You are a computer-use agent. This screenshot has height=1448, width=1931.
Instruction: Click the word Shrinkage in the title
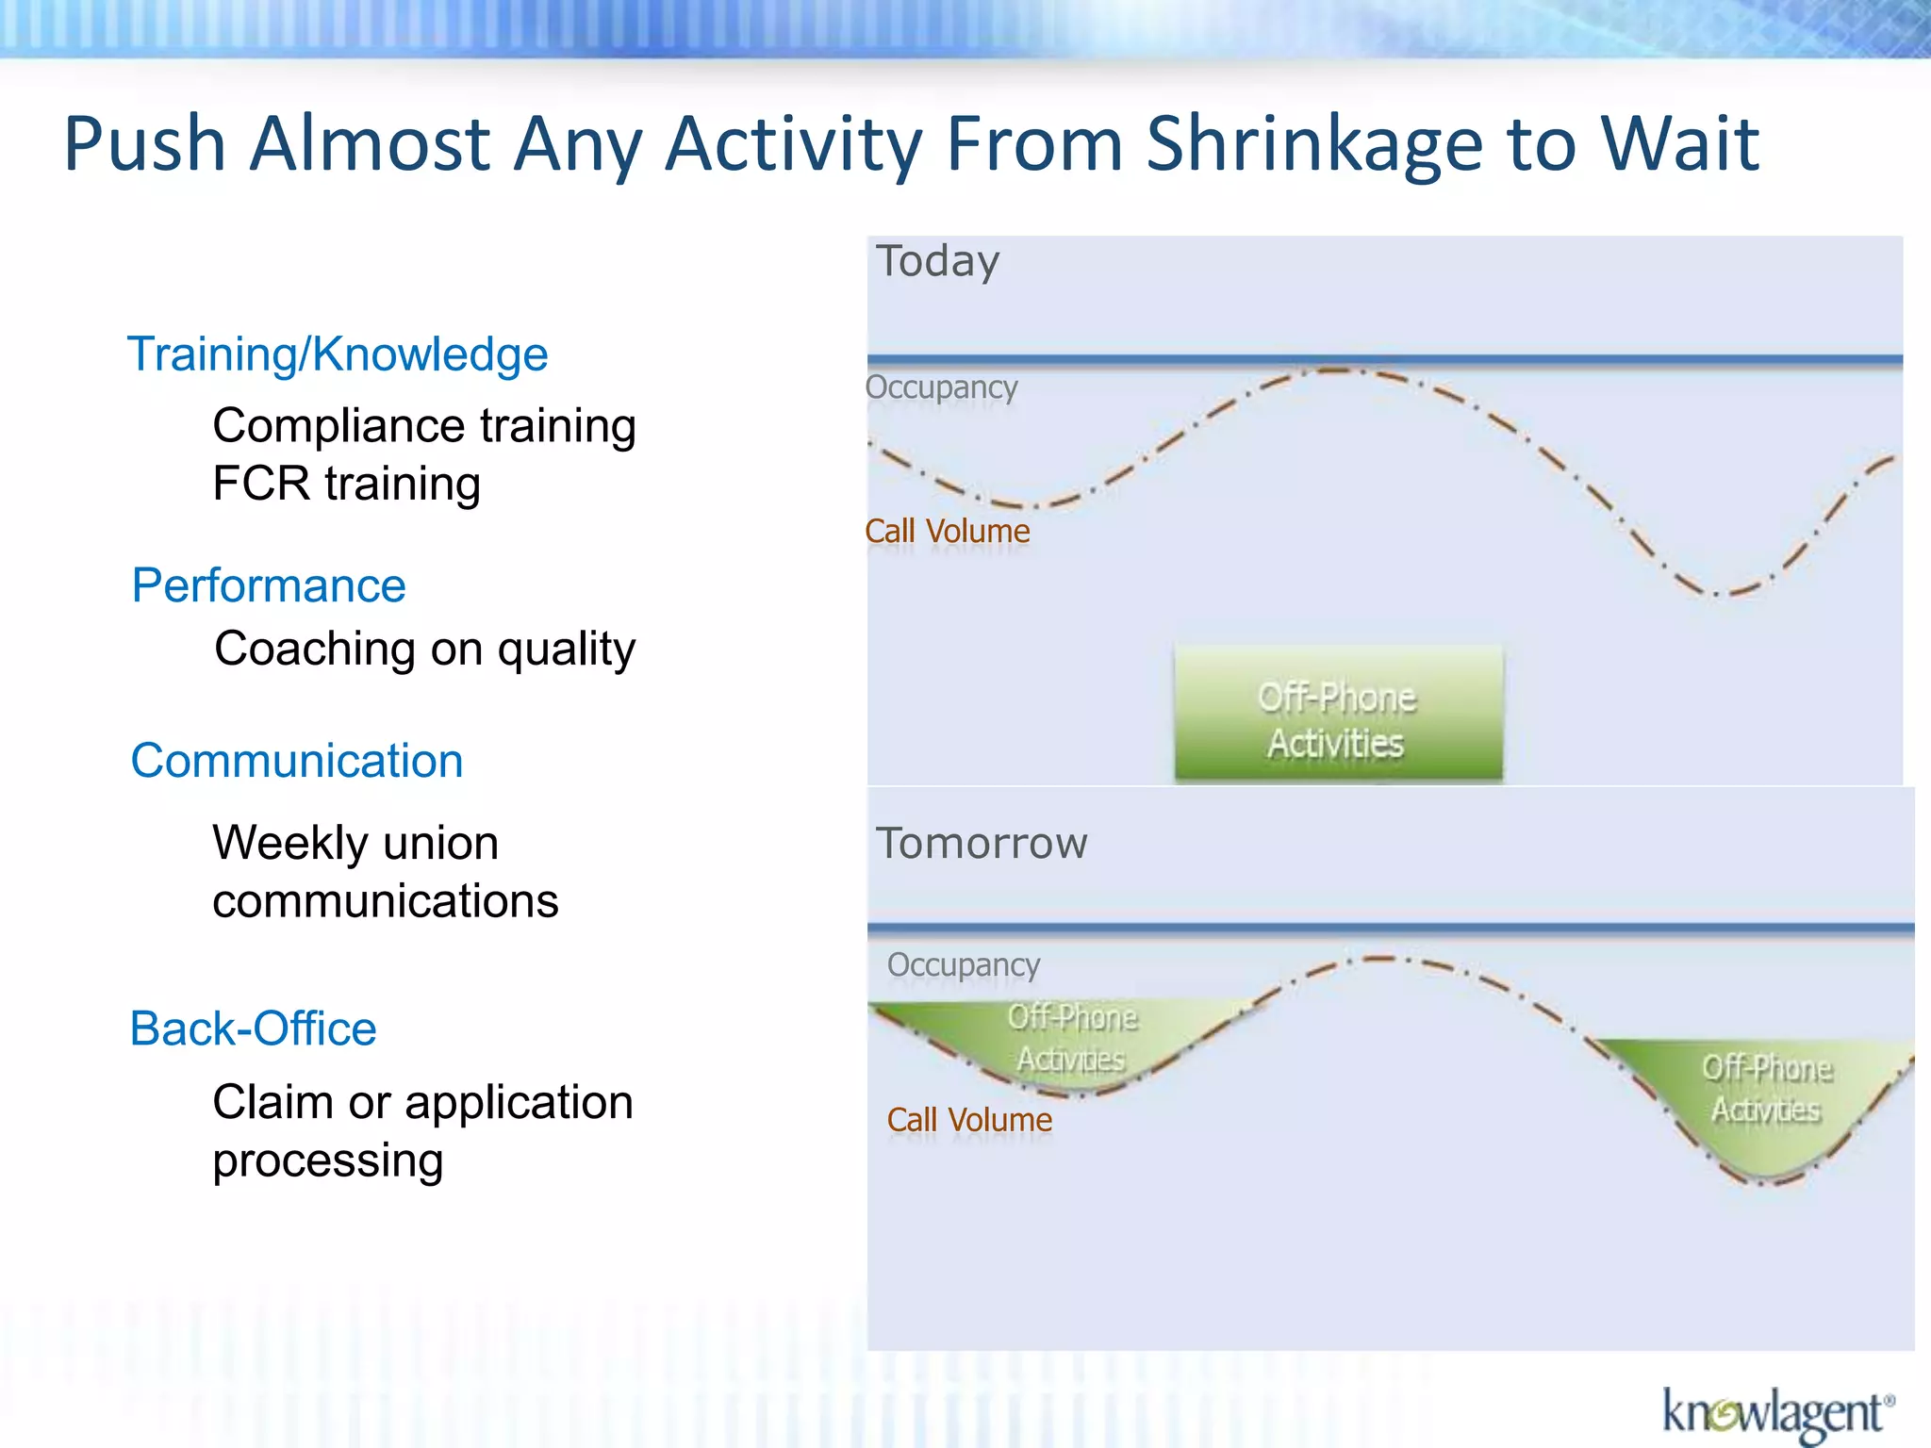pyautogui.click(x=1314, y=144)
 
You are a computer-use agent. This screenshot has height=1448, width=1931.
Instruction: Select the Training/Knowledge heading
pyautogui.click(x=338, y=355)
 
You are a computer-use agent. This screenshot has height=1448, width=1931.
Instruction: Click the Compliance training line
pyautogui.click(x=424, y=426)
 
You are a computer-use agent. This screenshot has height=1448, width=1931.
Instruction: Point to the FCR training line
pyautogui.click(x=346, y=484)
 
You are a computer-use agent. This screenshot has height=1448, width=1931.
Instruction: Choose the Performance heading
pyautogui.click(x=269, y=585)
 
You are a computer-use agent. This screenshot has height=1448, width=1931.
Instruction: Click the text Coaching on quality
pyautogui.click(x=424, y=649)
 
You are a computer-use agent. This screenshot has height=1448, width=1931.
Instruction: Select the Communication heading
pyautogui.click(x=297, y=761)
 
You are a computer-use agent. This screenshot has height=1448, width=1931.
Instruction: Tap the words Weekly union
pyautogui.click(x=355, y=843)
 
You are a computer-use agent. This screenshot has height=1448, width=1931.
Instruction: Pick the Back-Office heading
pyautogui.click(x=253, y=1028)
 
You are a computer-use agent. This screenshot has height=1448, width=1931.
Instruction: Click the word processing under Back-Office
pyautogui.click(x=327, y=1160)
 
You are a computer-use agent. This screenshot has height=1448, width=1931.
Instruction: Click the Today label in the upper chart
pyautogui.click(x=937, y=261)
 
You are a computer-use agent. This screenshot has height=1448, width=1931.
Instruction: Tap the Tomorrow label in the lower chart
pyautogui.click(x=982, y=843)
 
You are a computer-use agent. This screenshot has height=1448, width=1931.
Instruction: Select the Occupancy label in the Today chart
pyautogui.click(x=941, y=387)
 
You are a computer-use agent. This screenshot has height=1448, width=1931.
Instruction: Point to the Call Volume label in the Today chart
pyautogui.click(x=947, y=531)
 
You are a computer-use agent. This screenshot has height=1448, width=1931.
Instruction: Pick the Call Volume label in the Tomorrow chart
pyautogui.click(x=969, y=1120)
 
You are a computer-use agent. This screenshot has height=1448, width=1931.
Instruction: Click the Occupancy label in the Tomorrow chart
pyautogui.click(x=963, y=965)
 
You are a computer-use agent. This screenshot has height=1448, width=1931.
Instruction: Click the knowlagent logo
pyautogui.click(x=1777, y=1413)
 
